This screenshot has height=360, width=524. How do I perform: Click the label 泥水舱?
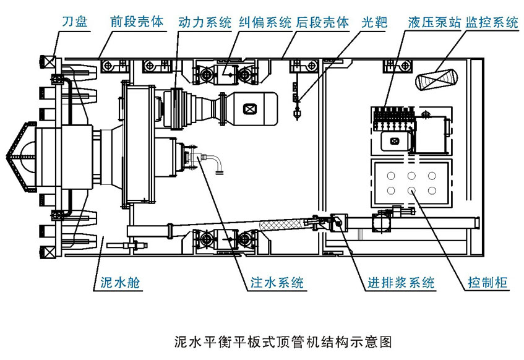coord(120,284)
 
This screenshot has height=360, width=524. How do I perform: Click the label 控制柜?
coord(486,284)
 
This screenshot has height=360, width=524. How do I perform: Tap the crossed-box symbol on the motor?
coord(249,109)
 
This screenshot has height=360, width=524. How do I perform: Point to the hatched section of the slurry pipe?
coord(282,223)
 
